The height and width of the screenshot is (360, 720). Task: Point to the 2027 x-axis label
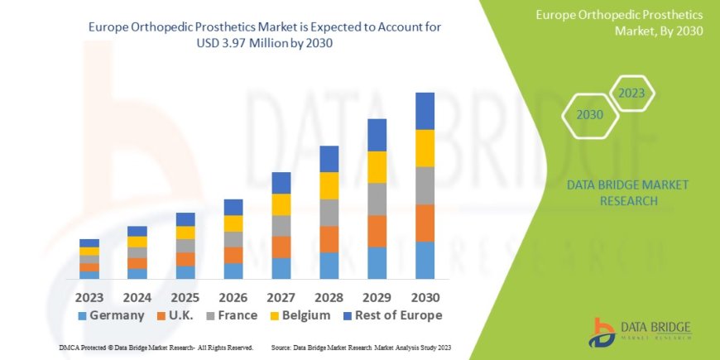tap(281, 296)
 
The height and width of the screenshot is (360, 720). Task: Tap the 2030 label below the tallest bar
tap(425, 296)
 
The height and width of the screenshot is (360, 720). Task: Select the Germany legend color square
tap(82, 315)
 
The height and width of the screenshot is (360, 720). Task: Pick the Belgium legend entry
tap(303, 315)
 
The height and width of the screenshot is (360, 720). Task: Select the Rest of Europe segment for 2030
tap(425, 111)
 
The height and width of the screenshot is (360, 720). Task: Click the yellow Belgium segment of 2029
tap(377, 167)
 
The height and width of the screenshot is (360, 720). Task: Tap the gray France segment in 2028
tap(329, 213)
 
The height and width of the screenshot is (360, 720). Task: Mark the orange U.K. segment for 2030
tap(425, 223)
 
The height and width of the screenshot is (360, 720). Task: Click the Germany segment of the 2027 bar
tap(281, 268)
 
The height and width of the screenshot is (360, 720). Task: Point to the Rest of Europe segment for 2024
tap(137, 231)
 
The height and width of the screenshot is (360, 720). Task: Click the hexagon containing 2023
tap(631, 94)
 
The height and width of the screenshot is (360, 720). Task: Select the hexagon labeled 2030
tap(589, 115)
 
